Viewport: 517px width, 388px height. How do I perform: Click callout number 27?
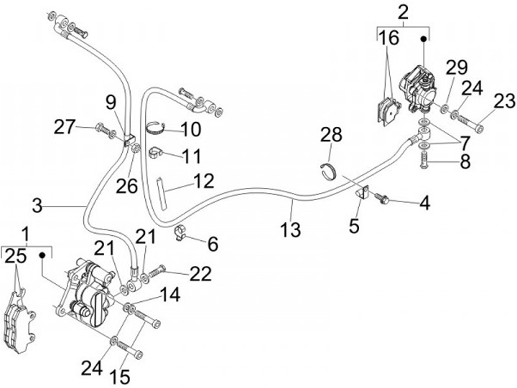tap(65, 128)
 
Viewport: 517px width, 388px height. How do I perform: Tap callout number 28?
tap(331, 135)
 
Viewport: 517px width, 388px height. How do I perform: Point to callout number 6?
tap(213, 245)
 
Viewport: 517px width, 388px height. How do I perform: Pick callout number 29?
tap(457, 68)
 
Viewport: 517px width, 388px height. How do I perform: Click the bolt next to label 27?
tap(104, 131)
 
